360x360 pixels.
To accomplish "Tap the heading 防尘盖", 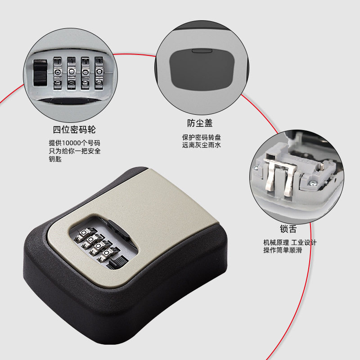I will pos(200,123).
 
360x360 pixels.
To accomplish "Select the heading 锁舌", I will pos(288,229).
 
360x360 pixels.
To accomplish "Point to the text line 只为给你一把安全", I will pos(75,151).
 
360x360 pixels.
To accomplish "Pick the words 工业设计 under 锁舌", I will pos(304,242).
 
